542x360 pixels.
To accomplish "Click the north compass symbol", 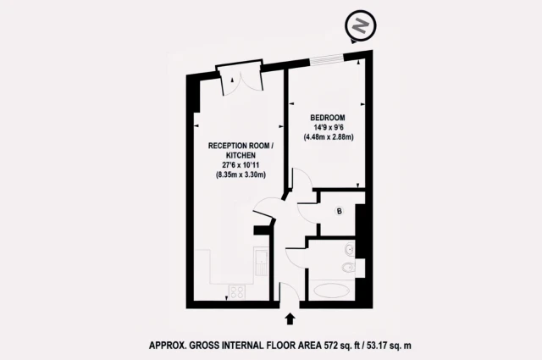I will point(359,26).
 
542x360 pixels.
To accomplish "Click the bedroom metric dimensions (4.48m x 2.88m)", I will point(327,136).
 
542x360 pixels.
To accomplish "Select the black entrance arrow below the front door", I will point(291,319).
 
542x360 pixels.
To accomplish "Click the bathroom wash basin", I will point(349,252).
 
